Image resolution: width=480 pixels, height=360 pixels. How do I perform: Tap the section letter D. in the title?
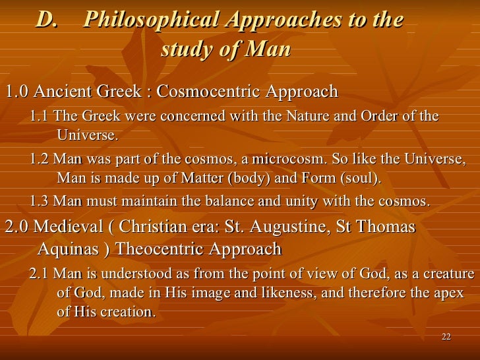point(47,20)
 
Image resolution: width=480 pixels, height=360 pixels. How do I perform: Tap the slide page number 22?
point(446,338)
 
